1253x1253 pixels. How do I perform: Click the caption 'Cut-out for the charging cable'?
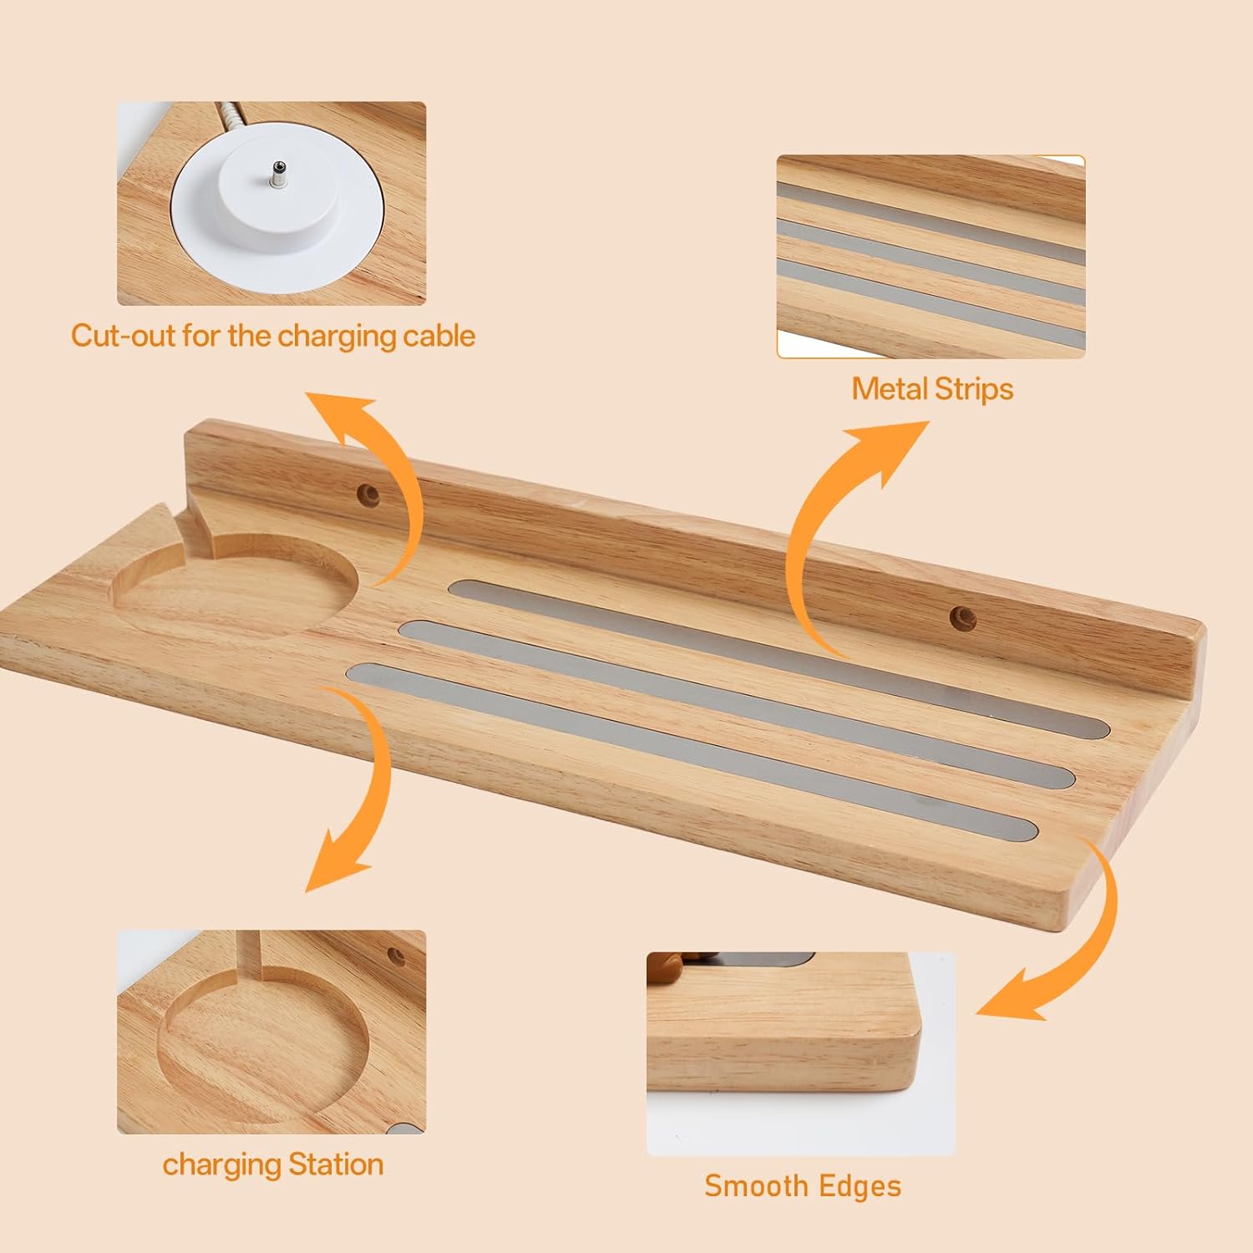[273, 336]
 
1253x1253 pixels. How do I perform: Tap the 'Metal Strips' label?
[932, 388]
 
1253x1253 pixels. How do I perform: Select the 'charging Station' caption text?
[273, 1164]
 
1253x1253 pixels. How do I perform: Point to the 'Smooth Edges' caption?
[803, 1186]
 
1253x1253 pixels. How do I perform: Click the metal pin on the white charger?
[276, 175]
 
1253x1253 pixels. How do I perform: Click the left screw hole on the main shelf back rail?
[367, 495]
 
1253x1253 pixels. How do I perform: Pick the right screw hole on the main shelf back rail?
[963, 618]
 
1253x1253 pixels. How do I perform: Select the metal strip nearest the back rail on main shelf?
[777, 659]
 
